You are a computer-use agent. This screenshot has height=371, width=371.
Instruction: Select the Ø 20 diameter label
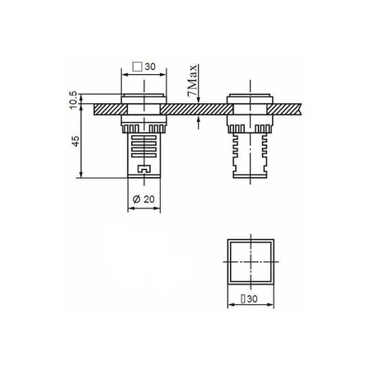(x=144, y=199)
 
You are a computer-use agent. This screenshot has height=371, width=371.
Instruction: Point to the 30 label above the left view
(x=150, y=67)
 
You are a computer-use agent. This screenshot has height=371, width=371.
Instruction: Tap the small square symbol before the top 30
(x=138, y=67)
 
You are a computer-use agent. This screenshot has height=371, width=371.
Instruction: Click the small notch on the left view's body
(x=144, y=171)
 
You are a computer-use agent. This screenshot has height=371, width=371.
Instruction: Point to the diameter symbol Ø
(x=136, y=199)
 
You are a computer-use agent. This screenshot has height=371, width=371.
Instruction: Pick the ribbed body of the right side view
(x=249, y=153)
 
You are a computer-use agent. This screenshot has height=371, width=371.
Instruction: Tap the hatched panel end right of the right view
(x=289, y=108)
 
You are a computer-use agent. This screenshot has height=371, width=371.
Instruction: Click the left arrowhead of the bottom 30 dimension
(x=229, y=304)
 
